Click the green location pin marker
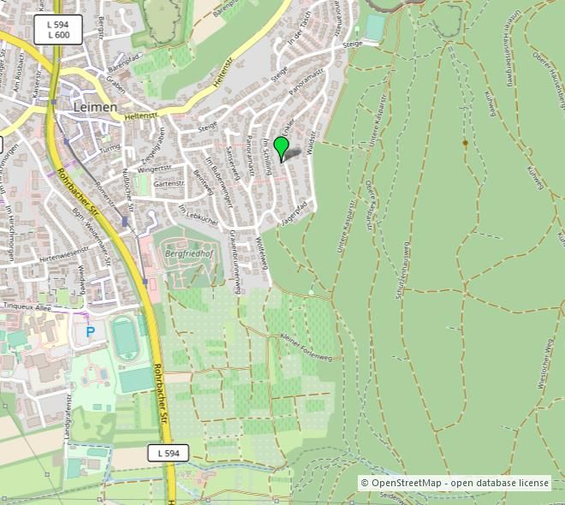tap(280, 147)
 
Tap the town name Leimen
tap(94, 107)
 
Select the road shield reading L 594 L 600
tap(58, 30)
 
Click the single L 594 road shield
tap(168, 453)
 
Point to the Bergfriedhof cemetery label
tap(187, 254)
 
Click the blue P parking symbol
tap(90, 331)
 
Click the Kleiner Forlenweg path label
tap(306, 346)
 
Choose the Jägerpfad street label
tap(294, 214)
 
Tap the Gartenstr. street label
tap(169, 183)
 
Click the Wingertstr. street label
tap(155, 169)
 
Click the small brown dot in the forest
tap(465, 143)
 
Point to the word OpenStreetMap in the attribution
tap(406, 483)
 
